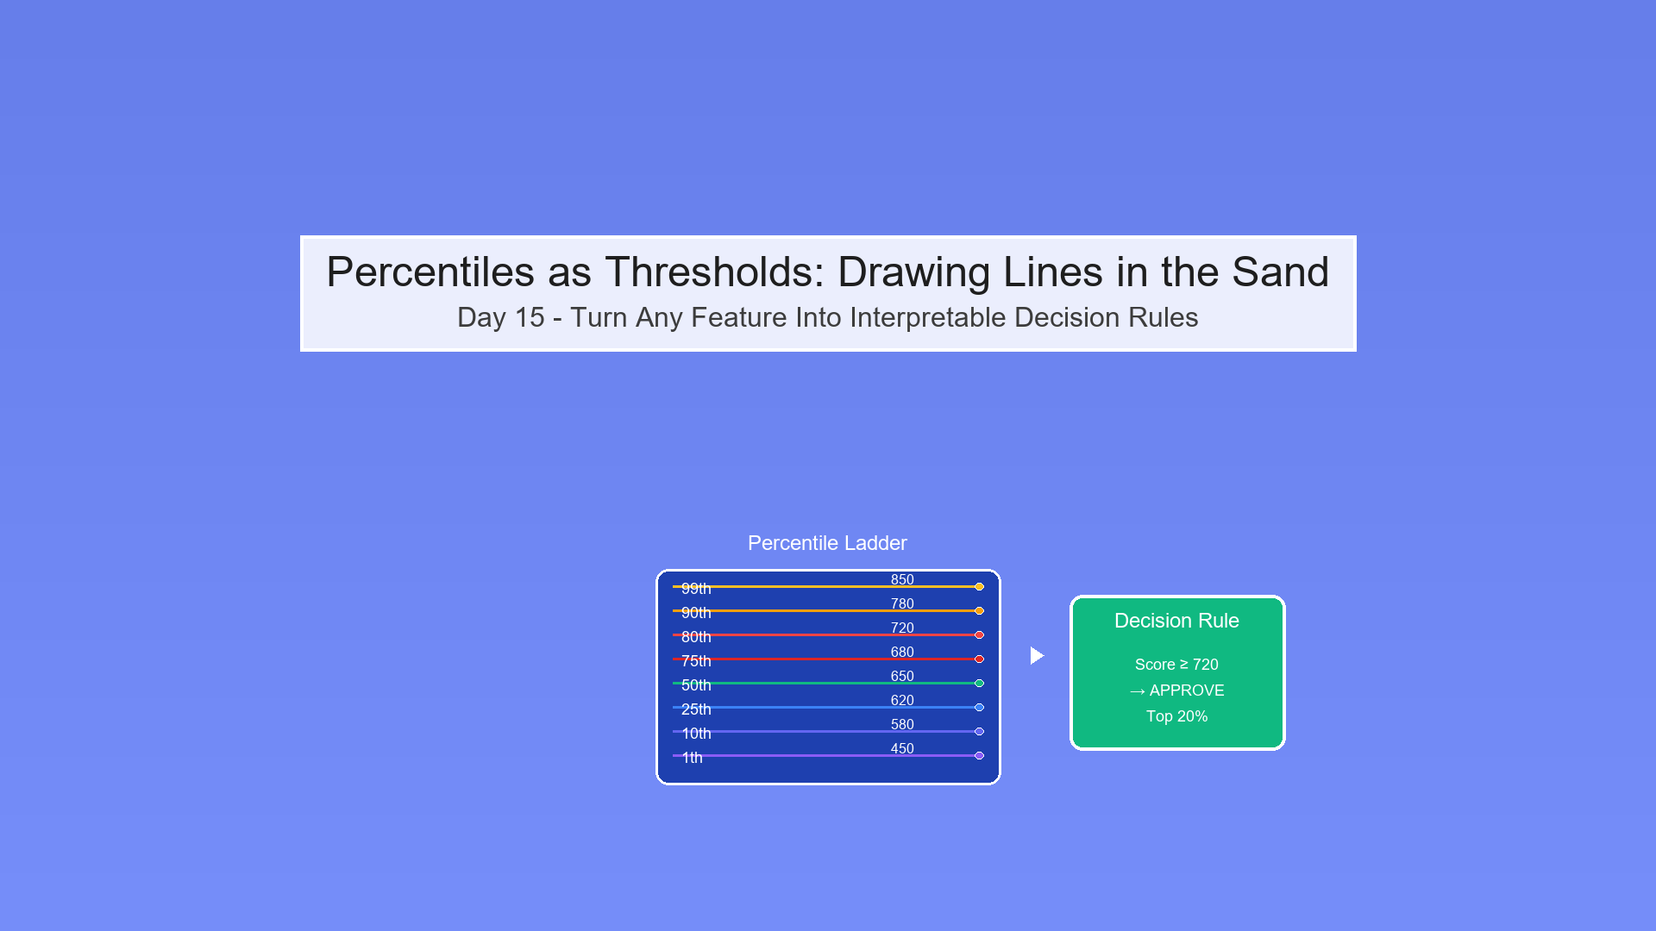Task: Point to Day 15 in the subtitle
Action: point(500,317)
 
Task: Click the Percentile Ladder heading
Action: point(827,543)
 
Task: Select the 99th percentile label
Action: point(696,589)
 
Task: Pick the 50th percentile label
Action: point(696,685)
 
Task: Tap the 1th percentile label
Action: point(692,758)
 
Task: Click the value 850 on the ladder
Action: point(902,579)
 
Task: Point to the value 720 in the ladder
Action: point(902,628)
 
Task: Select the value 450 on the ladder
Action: point(902,748)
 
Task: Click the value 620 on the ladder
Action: point(902,700)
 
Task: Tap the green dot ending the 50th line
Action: point(979,683)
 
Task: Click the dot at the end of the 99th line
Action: point(979,586)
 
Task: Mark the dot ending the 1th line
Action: point(979,755)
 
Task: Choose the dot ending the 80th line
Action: point(979,634)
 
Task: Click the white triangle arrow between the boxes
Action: point(1037,656)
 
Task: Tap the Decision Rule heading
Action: point(1176,621)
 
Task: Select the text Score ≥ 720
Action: point(1176,665)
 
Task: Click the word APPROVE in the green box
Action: point(1187,690)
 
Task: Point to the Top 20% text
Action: point(1176,716)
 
